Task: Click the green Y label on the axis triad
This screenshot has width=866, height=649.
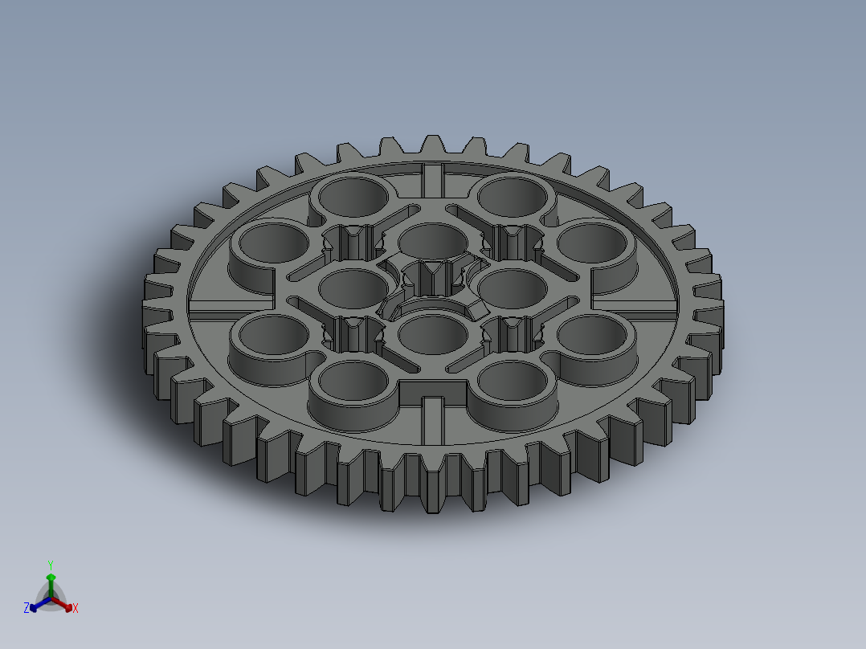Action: click(x=50, y=565)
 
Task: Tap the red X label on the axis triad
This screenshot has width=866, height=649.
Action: click(x=76, y=609)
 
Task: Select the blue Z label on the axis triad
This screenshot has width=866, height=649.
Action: click(x=27, y=609)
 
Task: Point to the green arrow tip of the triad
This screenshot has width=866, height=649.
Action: click(x=50, y=577)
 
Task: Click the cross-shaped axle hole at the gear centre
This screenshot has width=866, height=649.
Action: click(x=434, y=286)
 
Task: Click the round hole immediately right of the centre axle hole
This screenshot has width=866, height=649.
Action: click(x=512, y=285)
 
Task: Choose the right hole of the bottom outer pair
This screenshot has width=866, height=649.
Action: click(x=514, y=380)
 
